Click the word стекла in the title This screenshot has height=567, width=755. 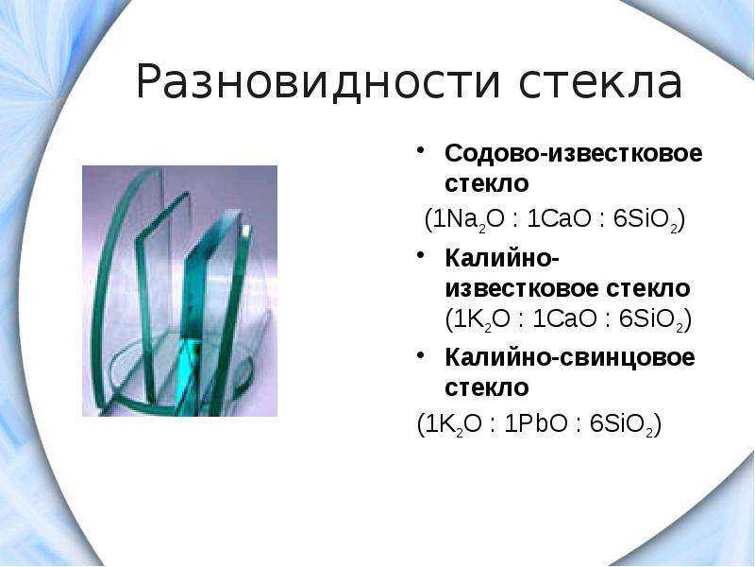point(600,82)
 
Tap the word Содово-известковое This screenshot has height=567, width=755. point(574,153)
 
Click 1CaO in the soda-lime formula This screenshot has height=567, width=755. point(559,219)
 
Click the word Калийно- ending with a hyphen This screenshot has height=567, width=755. point(502,259)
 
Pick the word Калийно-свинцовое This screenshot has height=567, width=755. point(570,358)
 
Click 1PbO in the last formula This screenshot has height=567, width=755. point(536,423)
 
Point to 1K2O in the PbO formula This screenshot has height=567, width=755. point(454,424)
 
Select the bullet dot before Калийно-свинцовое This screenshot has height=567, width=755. point(420,353)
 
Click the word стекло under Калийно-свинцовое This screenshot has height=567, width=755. point(487,387)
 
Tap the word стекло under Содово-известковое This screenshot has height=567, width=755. point(487,183)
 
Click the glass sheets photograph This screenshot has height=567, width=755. point(179,291)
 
